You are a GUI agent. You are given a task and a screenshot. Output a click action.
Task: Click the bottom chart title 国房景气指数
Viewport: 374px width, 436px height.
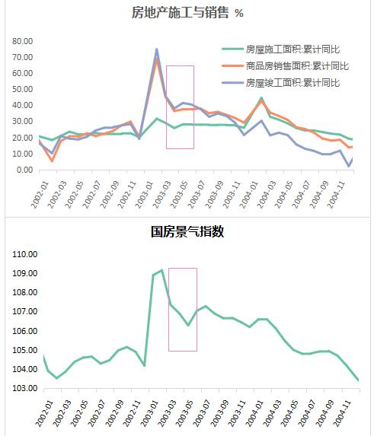click(x=187, y=231)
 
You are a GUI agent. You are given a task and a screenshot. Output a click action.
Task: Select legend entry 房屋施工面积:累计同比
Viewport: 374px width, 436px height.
click(x=298, y=49)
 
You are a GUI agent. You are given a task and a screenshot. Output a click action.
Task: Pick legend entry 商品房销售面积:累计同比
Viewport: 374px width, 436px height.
click(x=298, y=65)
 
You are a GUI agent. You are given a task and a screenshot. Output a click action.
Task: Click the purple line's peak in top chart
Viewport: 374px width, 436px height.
click(x=157, y=49)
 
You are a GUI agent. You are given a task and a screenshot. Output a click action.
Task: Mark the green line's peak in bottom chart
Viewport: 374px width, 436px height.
click(x=161, y=270)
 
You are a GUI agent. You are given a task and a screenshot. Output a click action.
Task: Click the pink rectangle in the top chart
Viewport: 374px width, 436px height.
click(x=180, y=107)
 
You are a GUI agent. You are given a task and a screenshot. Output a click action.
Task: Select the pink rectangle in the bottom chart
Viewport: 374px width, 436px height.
click(x=183, y=309)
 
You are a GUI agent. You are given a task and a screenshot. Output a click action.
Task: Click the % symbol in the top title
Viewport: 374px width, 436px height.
click(x=238, y=13)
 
